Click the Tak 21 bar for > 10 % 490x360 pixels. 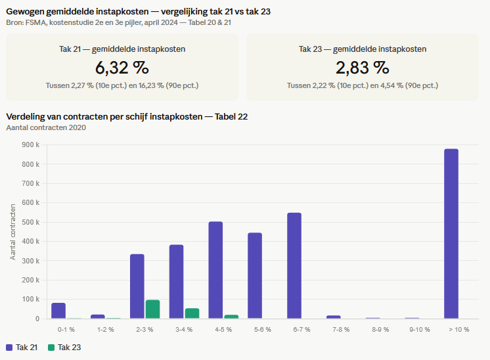point(451,234)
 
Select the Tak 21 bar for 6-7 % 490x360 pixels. point(294,265)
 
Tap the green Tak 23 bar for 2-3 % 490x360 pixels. point(152,309)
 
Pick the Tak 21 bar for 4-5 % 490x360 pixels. point(215,270)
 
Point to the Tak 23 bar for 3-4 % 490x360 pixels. point(192,313)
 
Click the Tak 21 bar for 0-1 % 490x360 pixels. point(58,311)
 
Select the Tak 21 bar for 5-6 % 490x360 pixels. point(255,276)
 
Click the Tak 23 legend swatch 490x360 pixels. point(51,348)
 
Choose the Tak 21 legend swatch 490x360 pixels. point(9,348)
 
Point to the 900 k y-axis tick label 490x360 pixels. point(31,145)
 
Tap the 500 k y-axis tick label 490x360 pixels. point(31,222)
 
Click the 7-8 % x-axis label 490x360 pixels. point(341,329)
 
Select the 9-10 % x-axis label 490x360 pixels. point(420,329)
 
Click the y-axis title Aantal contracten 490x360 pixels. point(12,232)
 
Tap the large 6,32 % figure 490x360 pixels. point(122,68)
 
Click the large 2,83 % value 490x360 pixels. point(363,68)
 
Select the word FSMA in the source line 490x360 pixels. point(36,22)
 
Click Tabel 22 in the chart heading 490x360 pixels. point(231,116)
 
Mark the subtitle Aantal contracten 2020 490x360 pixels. point(46,127)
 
